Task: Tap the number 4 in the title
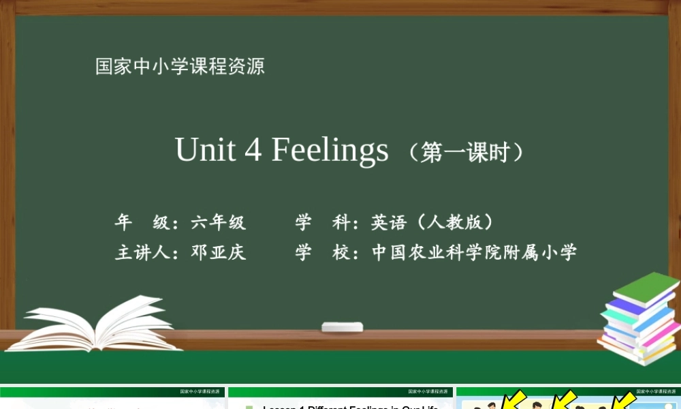click(x=253, y=150)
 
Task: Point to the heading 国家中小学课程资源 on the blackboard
click(x=180, y=67)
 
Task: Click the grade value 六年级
click(x=219, y=222)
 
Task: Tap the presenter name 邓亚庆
click(x=219, y=253)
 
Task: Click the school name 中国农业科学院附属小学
click(x=474, y=253)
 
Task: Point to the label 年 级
click(x=142, y=222)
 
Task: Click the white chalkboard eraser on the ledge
click(x=342, y=327)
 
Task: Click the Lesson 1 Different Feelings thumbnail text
click(x=350, y=406)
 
